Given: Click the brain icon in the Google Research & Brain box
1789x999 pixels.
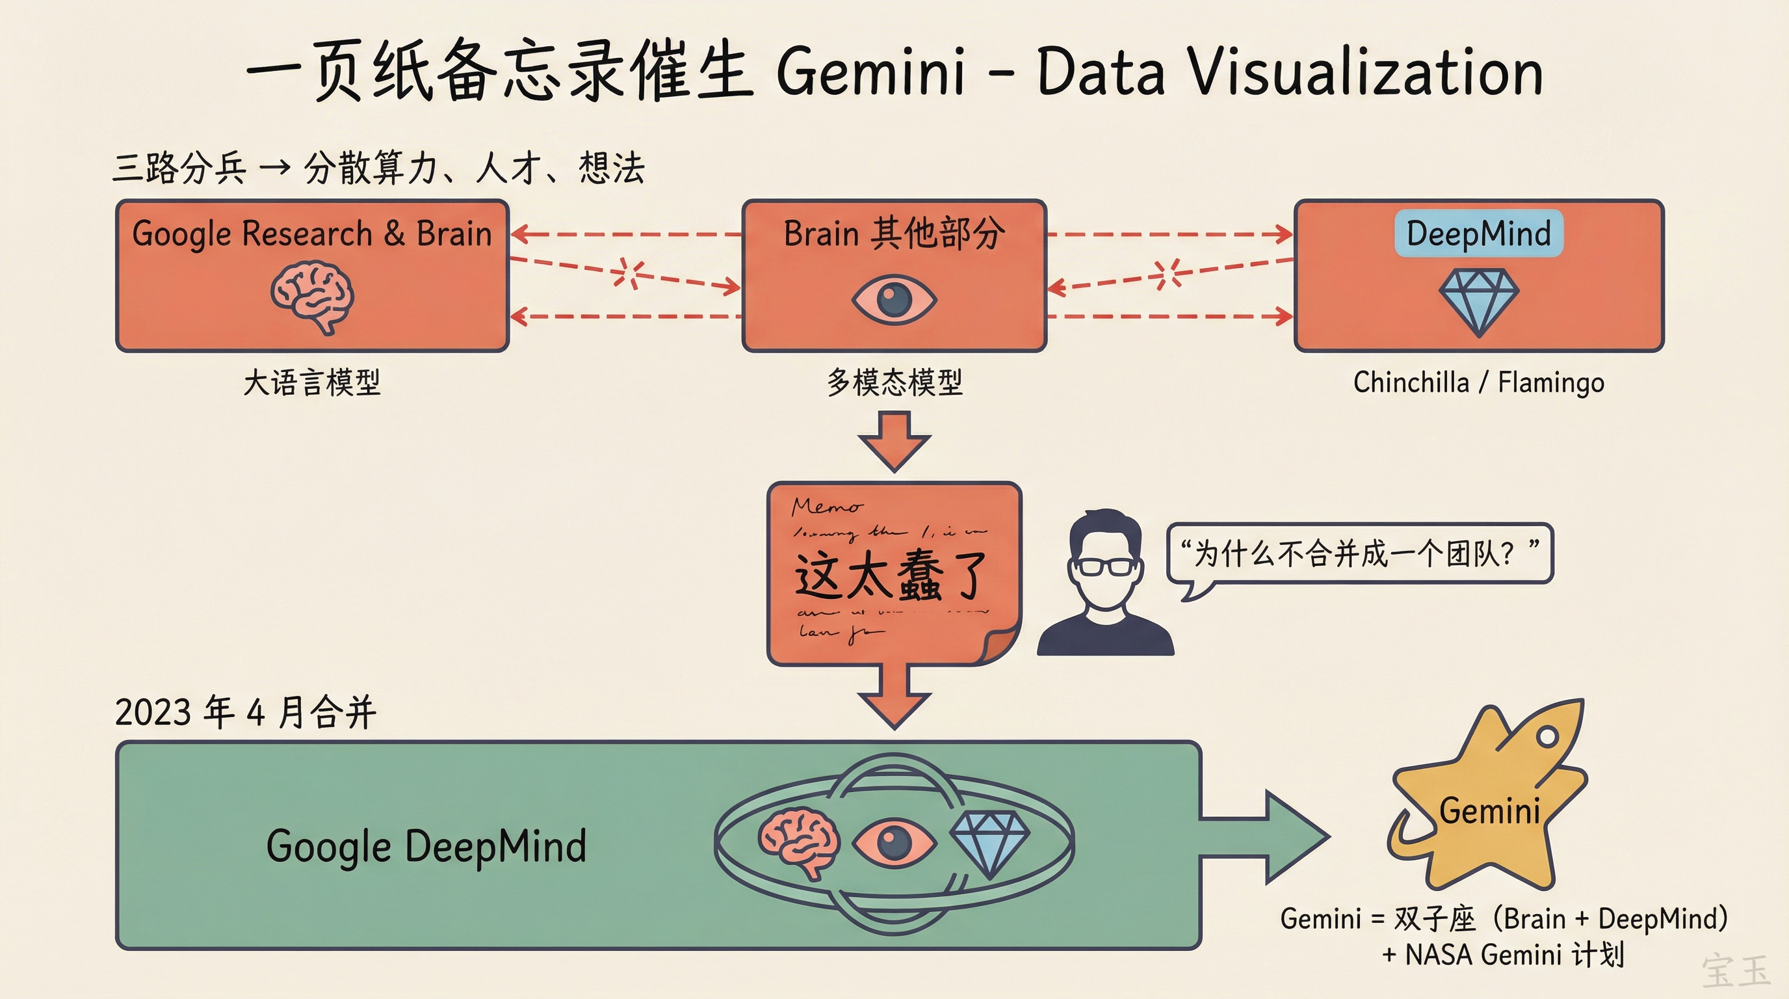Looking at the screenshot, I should [x=313, y=297].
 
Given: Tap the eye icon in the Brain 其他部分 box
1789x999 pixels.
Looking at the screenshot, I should [x=894, y=300].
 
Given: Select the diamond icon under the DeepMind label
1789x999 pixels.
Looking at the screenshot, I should [x=1478, y=302].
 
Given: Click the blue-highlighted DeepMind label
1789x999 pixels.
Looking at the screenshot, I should [x=1478, y=233].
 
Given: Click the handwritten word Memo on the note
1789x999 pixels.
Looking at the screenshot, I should [x=826, y=507].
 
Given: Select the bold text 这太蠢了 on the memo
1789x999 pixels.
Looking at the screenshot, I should [x=891, y=575].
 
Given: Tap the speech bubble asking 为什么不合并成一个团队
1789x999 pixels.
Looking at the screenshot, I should [x=1359, y=553].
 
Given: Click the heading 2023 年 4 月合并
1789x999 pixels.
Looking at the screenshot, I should [x=245, y=712].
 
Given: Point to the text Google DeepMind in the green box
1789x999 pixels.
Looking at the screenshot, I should [x=426, y=846].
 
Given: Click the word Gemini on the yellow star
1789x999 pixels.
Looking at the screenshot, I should [x=1490, y=812].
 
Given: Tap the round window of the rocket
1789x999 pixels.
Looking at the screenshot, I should [x=1547, y=736].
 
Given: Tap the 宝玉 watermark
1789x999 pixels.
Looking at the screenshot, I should [x=1736, y=971].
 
